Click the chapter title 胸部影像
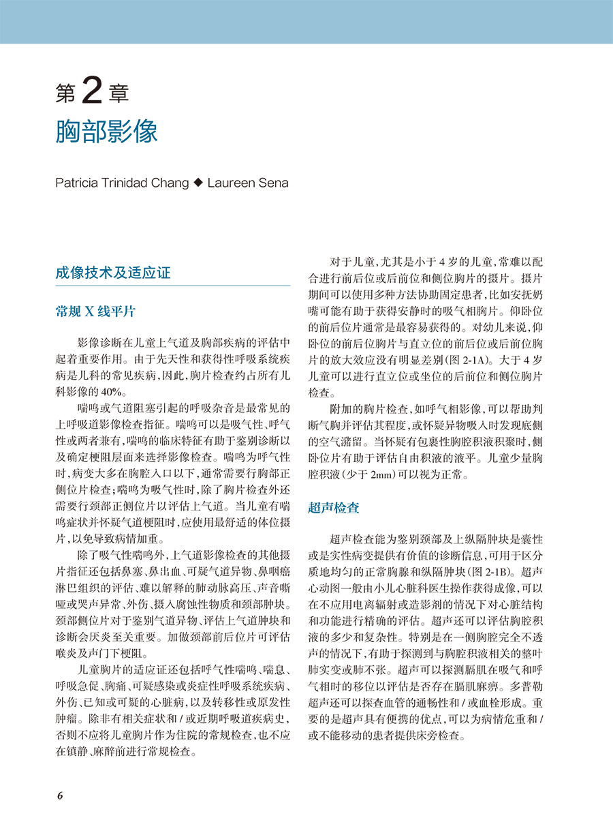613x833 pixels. click(x=106, y=131)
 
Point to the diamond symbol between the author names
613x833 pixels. click(x=198, y=183)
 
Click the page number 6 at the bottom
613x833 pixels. click(x=60, y=796)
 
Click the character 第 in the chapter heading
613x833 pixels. click(x=66, y=93)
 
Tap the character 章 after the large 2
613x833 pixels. click(x=119, y=93)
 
